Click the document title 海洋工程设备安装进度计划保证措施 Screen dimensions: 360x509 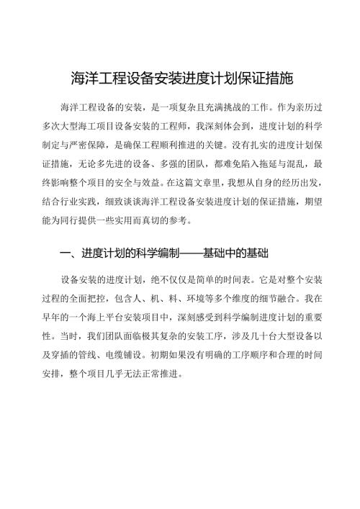tap(180, 78)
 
